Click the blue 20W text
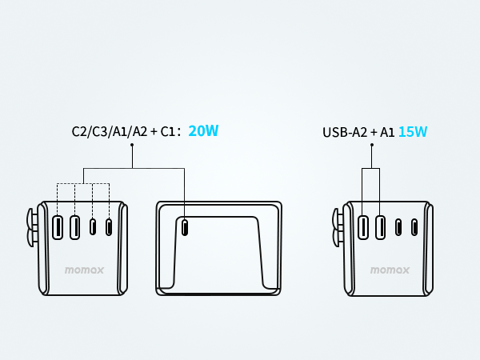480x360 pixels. [x=203, y=131]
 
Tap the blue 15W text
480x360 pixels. [x=413, y=132]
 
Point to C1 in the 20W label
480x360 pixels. [x=169, y=132]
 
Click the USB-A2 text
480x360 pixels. [x=345, y=132]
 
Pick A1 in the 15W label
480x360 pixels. [x=387, y=132]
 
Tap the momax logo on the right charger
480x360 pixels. [x=390, y=270]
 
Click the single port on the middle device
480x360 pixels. [x=186, y=227]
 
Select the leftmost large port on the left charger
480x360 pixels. [x=58, y=227]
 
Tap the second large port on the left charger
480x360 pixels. [x=74, y=227]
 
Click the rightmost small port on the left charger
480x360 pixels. [x=109, y=227]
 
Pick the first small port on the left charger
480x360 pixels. [x=93, y=227]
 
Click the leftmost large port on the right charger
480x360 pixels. [x=363, y=227]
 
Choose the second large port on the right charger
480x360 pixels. [x=380, y=227]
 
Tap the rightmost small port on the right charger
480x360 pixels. [x=414, y=227]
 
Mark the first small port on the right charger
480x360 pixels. [x=398, y=227]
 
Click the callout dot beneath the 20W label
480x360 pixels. [x=132, y=145]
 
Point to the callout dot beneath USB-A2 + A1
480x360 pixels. [x=371, y=145]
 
